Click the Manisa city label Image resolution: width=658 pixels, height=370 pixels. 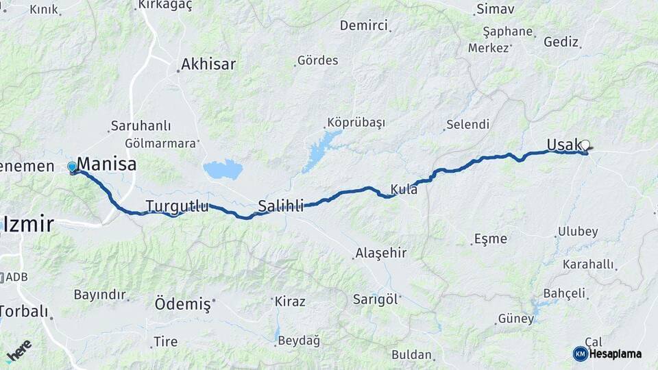click(106, 164)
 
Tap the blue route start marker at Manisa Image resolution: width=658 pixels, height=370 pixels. click(72, 166)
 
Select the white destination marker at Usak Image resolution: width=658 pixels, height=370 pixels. click(585, 145)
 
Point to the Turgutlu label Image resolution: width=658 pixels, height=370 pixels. click(177, 206)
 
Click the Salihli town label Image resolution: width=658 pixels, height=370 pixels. click(280, 206)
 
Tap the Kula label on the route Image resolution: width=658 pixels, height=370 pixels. click(404, 189)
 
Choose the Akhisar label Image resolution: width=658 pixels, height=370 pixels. click(208, 64)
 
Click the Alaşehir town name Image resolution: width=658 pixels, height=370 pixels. click(380, 253)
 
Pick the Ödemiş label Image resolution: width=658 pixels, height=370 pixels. click(182, 304)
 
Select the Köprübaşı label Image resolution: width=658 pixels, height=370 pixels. click(356, 123)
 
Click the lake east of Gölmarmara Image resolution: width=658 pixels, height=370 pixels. click(223, 169)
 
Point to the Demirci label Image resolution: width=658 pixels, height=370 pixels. click(363, 25)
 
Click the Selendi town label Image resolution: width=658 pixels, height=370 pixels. click(467, 125)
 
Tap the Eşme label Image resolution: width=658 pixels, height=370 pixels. click(490, 239)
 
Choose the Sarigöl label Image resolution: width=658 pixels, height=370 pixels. click(375, 299)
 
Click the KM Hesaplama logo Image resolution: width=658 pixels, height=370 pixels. click(607, 354)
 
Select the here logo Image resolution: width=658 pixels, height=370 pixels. click(19, 349)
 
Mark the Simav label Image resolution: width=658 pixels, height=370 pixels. click(495, 9)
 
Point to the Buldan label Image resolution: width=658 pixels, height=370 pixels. click(411, 355)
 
